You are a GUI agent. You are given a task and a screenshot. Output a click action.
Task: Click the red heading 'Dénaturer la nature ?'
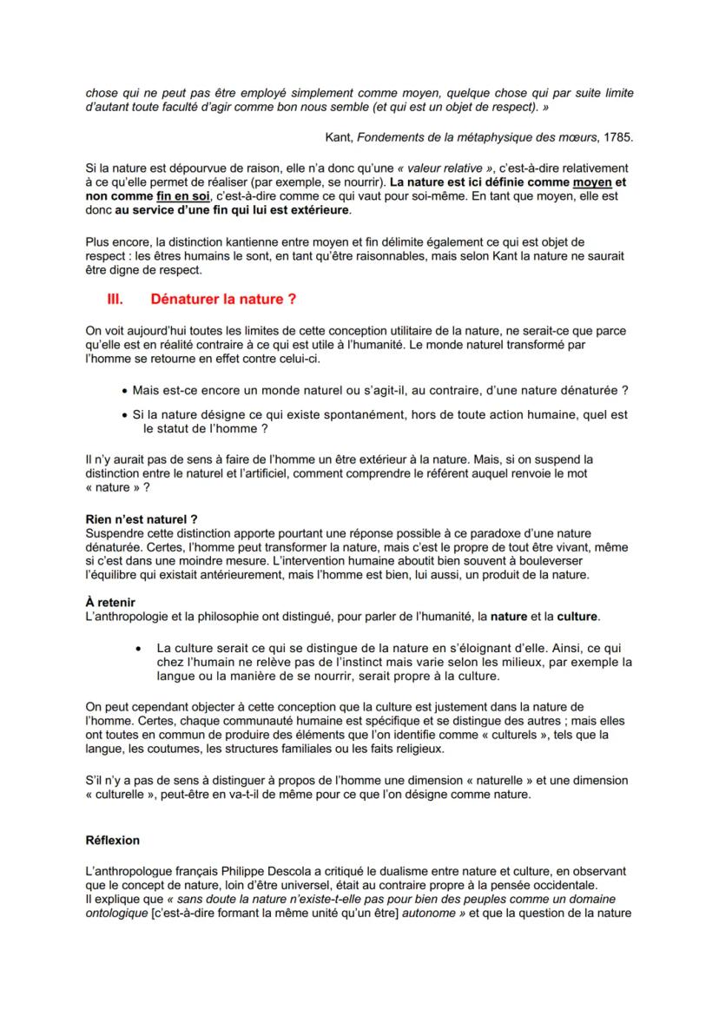[224, 299]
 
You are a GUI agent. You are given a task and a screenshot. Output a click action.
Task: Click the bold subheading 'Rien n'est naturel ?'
[136, 518]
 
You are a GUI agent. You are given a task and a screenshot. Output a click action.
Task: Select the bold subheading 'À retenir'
[110, 602]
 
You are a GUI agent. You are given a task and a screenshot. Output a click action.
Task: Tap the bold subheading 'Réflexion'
[113, 840]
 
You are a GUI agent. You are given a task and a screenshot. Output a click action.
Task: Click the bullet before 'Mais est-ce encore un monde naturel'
[125, 391]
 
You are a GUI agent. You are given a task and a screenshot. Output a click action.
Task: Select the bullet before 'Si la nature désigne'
[125, 415]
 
